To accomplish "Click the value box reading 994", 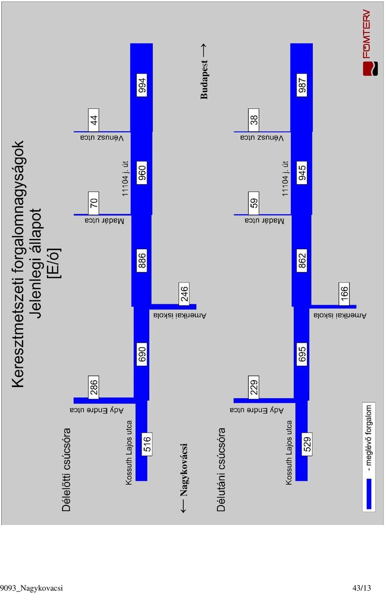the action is click(142, 85).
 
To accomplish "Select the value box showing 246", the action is click(184, 294).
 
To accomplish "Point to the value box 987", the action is click(302, 85).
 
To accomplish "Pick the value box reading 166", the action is click(344, 294).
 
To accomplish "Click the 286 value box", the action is click(93, 387).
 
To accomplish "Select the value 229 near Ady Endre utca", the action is click(253, 387).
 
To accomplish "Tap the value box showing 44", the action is click(93, 120).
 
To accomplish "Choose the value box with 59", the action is click(253, 203).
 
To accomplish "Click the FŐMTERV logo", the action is click(370, 43).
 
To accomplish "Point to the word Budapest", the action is click(204, 79).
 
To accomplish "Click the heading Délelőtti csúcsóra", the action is click(66, 470).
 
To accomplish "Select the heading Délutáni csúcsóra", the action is click(221, 470).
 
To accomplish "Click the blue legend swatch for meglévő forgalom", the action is click(369, 494).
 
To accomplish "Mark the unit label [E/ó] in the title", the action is click(54, 263).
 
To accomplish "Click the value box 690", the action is click(142, 354).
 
